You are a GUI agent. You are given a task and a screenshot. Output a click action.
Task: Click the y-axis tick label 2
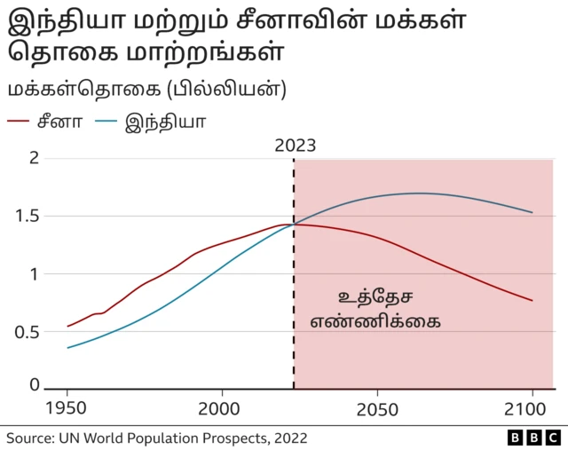coord(35,158)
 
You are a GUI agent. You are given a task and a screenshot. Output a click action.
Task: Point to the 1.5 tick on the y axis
coord(28,216)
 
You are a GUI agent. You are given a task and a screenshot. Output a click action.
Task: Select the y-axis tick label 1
coord(35,273)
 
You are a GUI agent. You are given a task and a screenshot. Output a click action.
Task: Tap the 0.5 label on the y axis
coord(28,332)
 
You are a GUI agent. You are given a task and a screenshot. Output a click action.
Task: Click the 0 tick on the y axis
coord(35,385)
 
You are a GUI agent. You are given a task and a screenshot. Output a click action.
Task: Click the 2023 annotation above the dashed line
coord(295,146)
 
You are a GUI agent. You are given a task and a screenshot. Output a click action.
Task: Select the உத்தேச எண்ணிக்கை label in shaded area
coord(376,309)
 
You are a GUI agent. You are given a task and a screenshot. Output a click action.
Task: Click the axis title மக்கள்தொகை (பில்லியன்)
coord(146,90)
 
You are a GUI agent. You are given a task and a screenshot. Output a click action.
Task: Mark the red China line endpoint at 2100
coord(532,300)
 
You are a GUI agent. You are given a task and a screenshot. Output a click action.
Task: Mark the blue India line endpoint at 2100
coord(532,212)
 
